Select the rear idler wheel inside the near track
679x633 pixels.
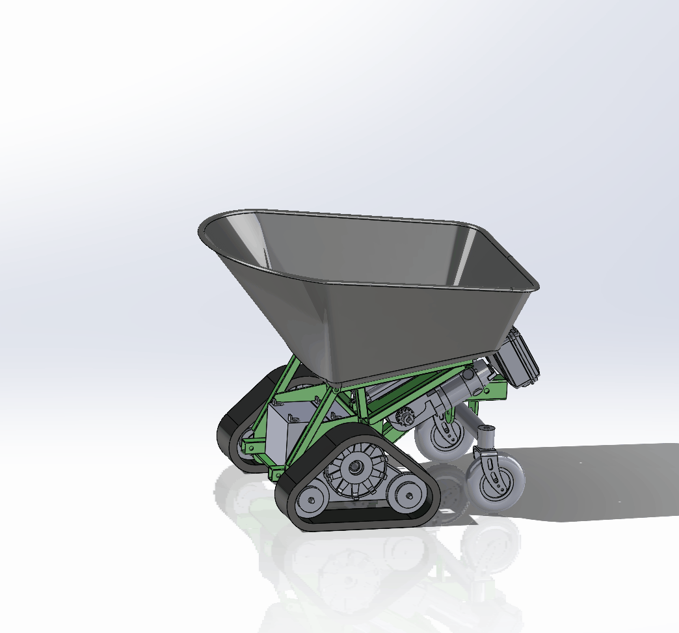408,499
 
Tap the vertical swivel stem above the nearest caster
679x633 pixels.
486,440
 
